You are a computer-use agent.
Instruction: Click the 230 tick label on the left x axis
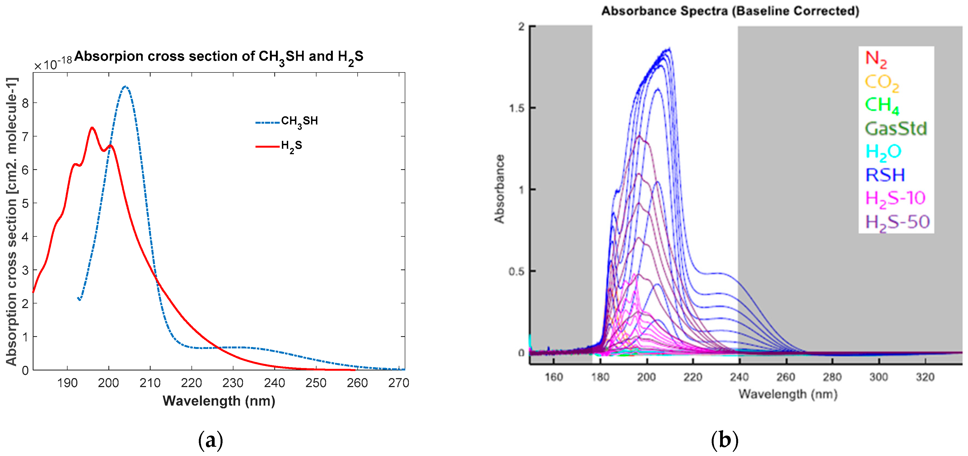pyautogui.click(x=233, y=383)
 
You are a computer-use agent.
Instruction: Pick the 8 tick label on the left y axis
pyautogui.click(x=25, y=103)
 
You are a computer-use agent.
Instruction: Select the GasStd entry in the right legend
pyautogui.click(x=896, y=129)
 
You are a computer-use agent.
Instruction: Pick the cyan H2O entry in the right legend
pyautogui.click(x=883, y=152)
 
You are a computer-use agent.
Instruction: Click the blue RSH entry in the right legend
pyautogui.click(x=885, y=175)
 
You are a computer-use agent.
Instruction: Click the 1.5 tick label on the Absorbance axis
pyautogui.click(x=516, y=108)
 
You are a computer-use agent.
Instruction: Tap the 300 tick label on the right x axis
pyautogui.click(x=879, y=377)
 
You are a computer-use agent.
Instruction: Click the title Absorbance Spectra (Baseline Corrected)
pyautogui.click(x=730, y=11)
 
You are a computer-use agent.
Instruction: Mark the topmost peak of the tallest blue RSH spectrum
pyautogui.click(x=669, y=49)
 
